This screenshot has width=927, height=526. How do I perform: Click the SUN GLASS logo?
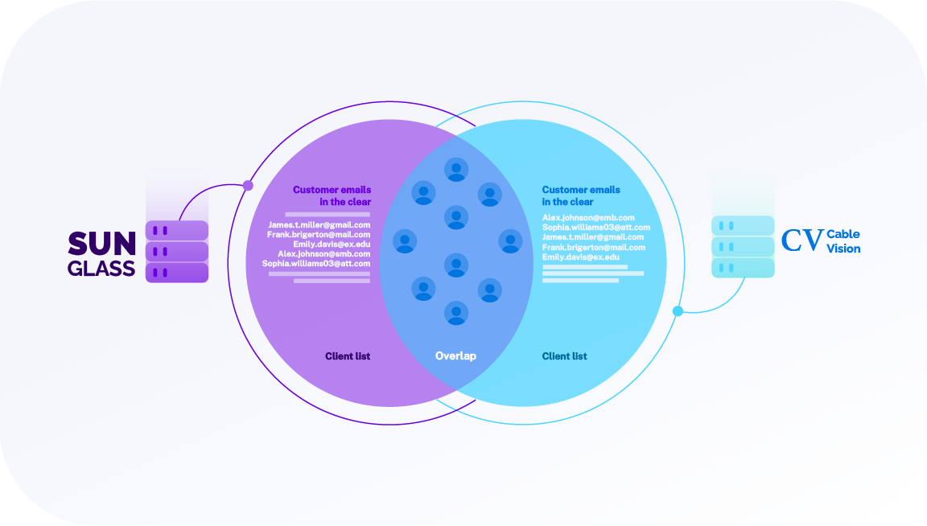click(x=101, y=254)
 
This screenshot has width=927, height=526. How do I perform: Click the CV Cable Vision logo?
click(x=820, y=240)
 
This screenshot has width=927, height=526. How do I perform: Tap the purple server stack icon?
click(x=176, y=252)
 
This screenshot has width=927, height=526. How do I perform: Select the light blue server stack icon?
click(x=743, y=246)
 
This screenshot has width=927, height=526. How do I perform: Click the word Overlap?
click(x=455, y=355)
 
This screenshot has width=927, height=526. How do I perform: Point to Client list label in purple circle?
click(x=348, y=355)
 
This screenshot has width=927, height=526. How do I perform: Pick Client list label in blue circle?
click(x=564, y=355)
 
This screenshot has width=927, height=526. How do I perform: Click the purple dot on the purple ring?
click(x=248, y=186)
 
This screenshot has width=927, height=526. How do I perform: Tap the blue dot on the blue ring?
click(x=678, y=310)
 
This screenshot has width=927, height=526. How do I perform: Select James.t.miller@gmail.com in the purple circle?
click(x=319, y=225)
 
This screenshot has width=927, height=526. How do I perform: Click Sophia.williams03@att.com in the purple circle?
click(x=316, y=264)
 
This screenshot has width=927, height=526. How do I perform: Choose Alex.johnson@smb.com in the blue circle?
click(x=588, y=218)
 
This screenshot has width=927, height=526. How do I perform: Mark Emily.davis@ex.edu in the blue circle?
click(x=581, y=257)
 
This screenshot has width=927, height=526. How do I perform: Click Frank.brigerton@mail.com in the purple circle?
click(x=319, y=235)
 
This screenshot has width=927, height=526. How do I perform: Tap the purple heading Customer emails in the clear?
click(x=332, y=195)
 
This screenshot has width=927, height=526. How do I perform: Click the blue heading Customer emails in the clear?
click(x=581, y=195)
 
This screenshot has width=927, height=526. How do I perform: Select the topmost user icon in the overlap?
click(x=456, y=169)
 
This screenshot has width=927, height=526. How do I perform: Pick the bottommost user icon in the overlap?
click(x=456, y=312)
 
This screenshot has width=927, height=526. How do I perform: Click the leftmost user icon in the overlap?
click(x=405, y=241)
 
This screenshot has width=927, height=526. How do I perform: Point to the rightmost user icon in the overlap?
click(x=510, y=241)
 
